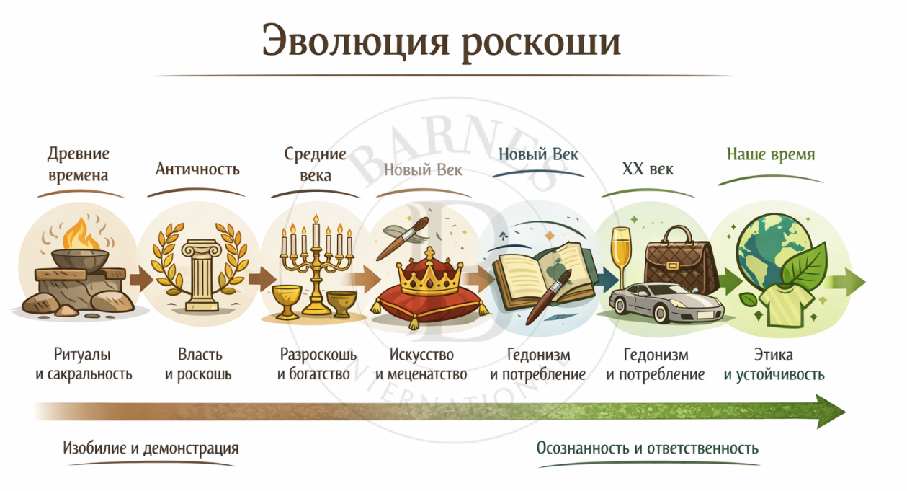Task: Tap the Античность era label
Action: coord(197,169)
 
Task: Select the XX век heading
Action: coord(648,169)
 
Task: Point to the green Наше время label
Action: coord(771,154)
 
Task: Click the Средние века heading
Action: coord(315,164)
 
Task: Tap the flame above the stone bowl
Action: coord(81,234)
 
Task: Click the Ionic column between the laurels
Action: coord(201,275)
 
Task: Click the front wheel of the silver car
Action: coord(663,313)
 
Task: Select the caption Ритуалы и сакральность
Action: coord(84,364)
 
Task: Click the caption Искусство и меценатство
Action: coord(421,364)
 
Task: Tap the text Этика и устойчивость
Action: coord(774,364)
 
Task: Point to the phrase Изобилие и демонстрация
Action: coord(151,448)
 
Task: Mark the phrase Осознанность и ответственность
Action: coord(648,448)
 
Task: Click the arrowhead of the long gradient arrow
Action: coord(830,412)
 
